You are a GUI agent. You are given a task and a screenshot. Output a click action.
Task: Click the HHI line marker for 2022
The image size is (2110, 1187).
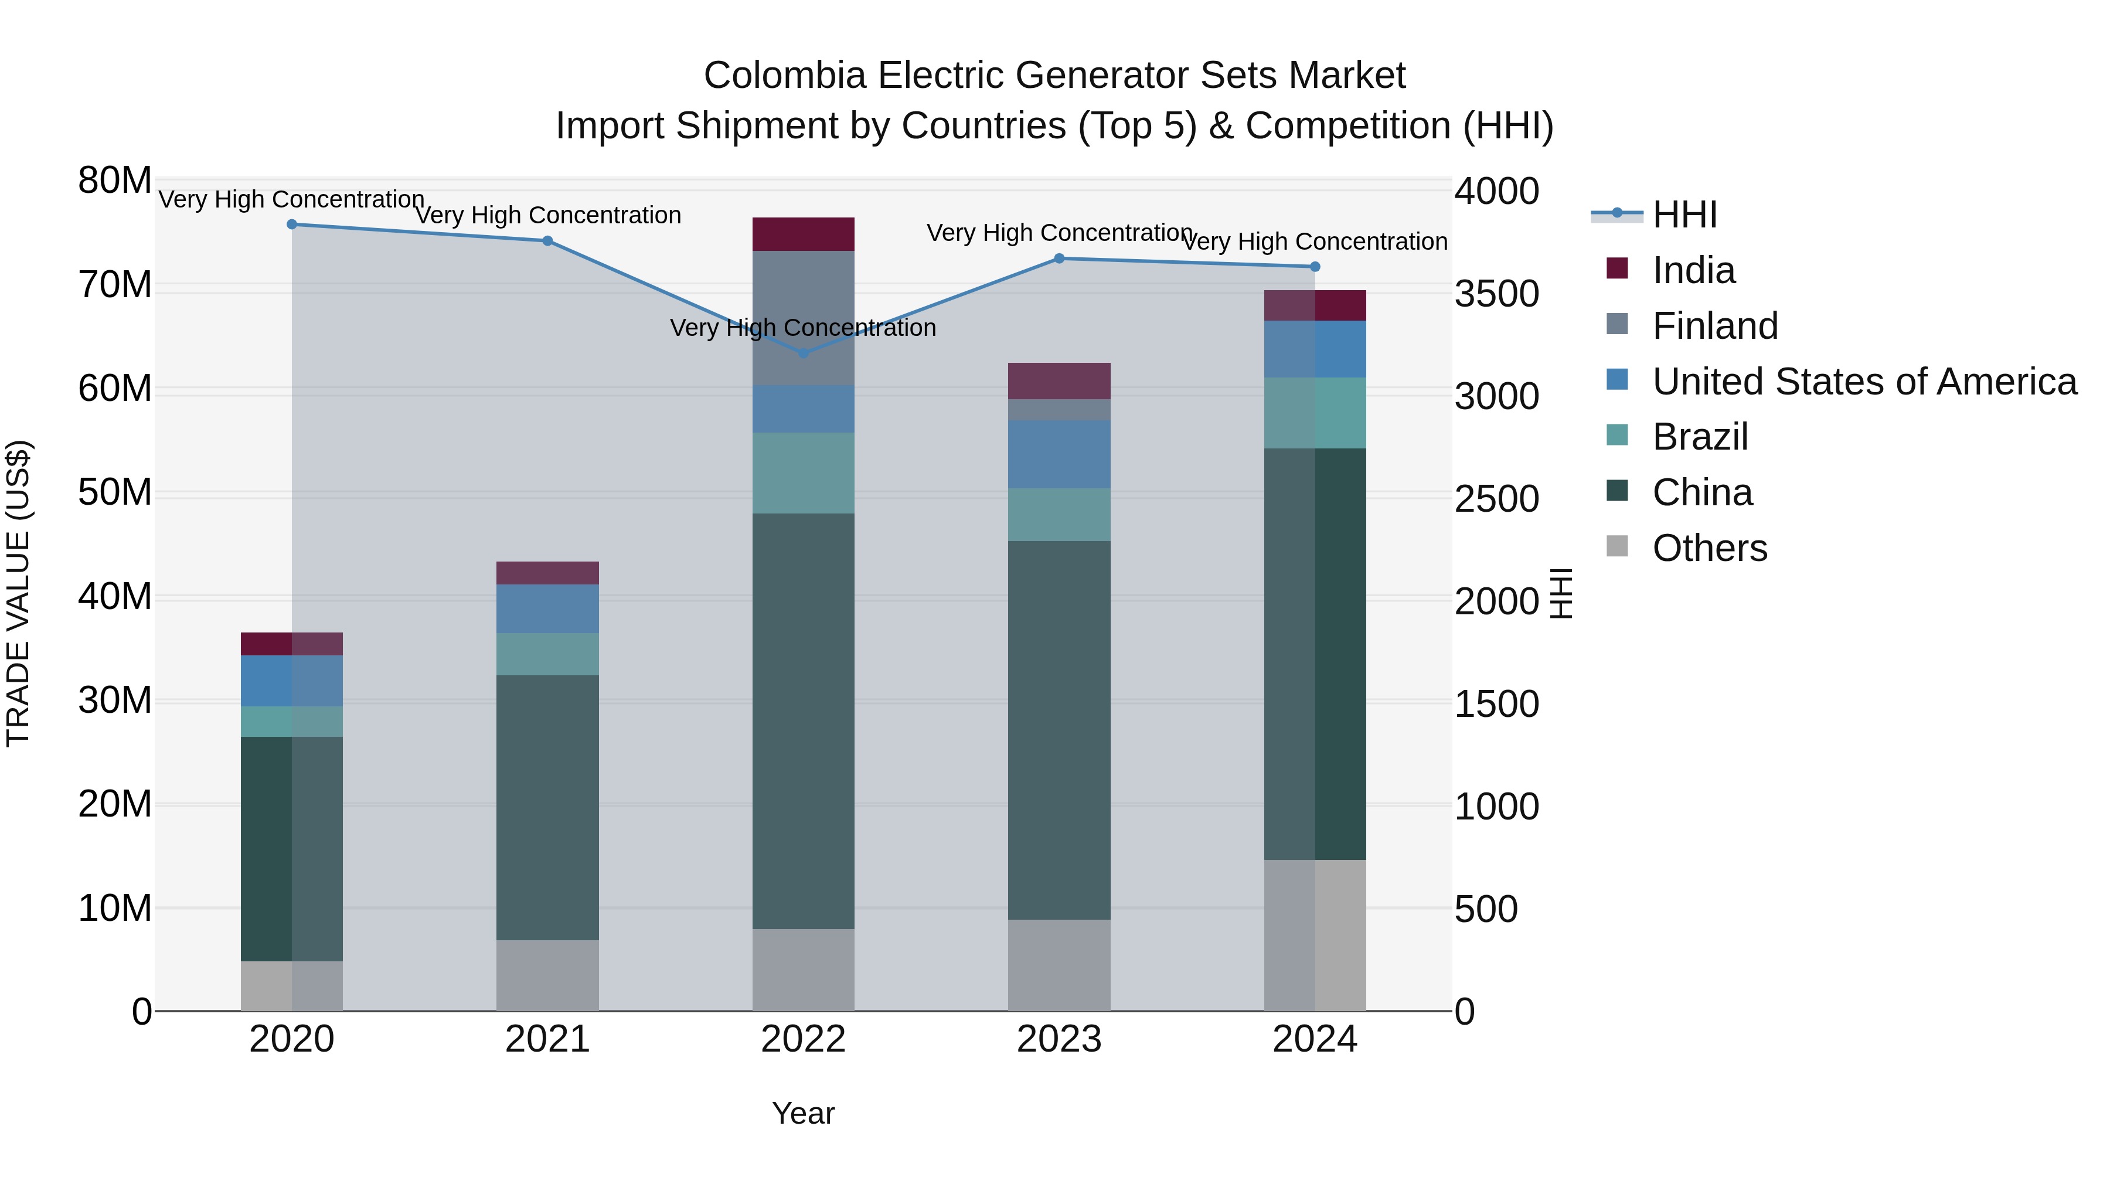pyautogui.click(x=804, y=353)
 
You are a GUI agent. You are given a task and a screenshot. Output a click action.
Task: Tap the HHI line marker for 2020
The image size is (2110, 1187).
pyautogui.click(x=292, y=225)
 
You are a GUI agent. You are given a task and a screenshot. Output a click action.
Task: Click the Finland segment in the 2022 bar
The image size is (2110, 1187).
pyautogui.click(x=804, y=318)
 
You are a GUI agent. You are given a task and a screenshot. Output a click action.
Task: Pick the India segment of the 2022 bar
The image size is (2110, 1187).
pyautogui.click(x=804, y=234)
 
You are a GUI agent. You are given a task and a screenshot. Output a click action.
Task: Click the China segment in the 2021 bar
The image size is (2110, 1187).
pyautogui.click(x=547, y=807)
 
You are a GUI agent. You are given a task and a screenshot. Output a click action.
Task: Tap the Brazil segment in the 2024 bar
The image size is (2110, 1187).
pyautogui.click(x=1315, y=413)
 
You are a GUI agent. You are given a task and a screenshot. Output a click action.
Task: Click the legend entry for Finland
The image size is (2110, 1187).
pyautogui.click(x=1715, y=326)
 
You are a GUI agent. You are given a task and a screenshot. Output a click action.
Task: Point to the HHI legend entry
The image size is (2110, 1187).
pyautogui.click(x=1684, y=215)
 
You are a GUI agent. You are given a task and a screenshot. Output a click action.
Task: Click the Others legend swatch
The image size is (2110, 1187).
pyautogui.click(x=1617, y=546)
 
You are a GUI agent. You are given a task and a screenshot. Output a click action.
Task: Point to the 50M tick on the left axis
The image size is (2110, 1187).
pyautogui.click(x=115, y=492)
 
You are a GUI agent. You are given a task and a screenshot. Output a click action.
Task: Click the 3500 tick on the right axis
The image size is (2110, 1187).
pyautogui.click(x=1496, y=294)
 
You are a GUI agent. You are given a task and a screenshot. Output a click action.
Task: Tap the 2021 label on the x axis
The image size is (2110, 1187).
pyautogui.click(x=547, y=1039)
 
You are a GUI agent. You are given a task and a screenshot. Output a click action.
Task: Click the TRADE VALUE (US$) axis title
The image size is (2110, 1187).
pyautogui.click(x=18, y=593)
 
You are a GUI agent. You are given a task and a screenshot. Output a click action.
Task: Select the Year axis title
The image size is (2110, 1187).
pyautogui.click(x=803, y=1113)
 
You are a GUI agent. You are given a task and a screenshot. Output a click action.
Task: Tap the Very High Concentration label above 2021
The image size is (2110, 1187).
pyautogui.click(x=547, y=216)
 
